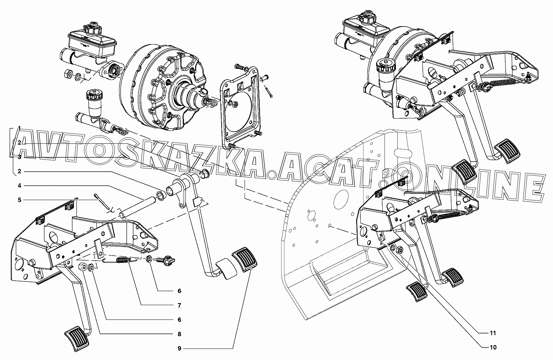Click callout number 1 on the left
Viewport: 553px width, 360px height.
point(19,128)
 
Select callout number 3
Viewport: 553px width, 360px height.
point(19,157)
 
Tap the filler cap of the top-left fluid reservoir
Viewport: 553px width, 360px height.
point(92,27)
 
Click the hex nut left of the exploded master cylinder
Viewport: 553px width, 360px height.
point(66,74)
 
